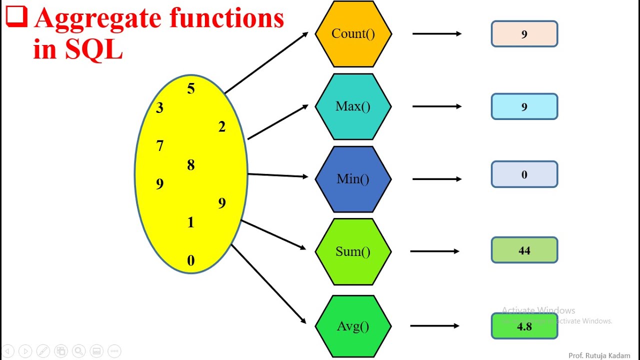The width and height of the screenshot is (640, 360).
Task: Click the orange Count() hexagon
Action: pyautogui.click(x=353, y=34)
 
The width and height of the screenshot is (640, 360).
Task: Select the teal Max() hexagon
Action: pyautogui.click(x=353, y=106)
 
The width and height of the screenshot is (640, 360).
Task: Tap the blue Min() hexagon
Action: pyautogui.click(x=353, y=179)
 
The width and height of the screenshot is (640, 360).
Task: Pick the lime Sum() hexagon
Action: pyautogui.click(x=353, y=251)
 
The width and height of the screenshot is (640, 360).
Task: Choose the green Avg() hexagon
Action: pyautogui.click(x=353, y=326)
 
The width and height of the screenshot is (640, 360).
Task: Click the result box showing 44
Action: pyautogui.click(x=524, y=250)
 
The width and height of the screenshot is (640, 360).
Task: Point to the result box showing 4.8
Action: pyautogui.click(x=524, y=326)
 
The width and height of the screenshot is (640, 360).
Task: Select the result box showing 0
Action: pyautogui.click(x=524, y=174)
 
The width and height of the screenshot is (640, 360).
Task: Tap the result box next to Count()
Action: pyautogui.click(x=524, y=34)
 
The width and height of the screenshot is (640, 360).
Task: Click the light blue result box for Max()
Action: pyautogui.click(x=524, y=106)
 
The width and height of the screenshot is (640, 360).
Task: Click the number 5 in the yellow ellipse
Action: pyautogui.click(x=190, y=89)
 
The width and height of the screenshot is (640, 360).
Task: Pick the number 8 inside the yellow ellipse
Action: pyautogui.click(x=190, y=165)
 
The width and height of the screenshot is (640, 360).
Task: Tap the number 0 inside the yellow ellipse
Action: pyautogui.click(x=190, y=261)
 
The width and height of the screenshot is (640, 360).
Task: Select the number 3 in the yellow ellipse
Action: pyautogui.click(x=159, y=108)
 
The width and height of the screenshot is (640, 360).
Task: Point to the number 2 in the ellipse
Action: pyautogui.click(x=221, y=127)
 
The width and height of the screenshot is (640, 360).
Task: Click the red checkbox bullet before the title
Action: pyautogui.click(x=16, y=16)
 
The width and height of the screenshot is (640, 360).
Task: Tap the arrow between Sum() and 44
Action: pyautogui.click(x=434, y=251)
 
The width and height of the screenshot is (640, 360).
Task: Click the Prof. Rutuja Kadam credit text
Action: pyautogui.click(x=599, y=355)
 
